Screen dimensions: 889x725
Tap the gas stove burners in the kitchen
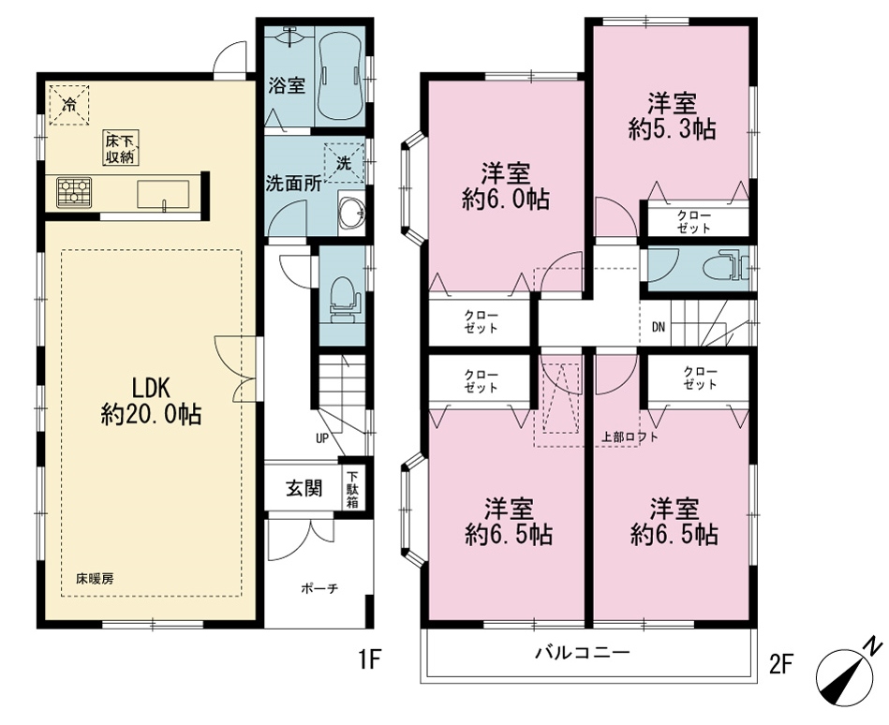point(74,191)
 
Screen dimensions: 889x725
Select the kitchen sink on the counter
point(163,195)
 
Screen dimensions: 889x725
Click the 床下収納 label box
point(121,147)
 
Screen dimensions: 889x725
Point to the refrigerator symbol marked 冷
point(69,104)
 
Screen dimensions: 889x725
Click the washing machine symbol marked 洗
point(344,164)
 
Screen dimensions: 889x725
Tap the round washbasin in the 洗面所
point(352,214)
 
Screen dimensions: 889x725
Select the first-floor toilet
point(343,299)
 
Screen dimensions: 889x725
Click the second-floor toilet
point(725,265)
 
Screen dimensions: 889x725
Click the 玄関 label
point(304,488)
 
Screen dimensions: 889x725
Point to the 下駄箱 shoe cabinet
point(352,488)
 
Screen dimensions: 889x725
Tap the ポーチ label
point(319,588)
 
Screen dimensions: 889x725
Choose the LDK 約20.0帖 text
point(152,402)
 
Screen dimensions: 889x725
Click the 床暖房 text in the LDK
point(96,579)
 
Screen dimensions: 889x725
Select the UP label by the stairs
point(322,438)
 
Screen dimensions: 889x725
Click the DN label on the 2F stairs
point(658,327)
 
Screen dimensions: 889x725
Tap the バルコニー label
point(583,653)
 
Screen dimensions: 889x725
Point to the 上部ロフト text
point(630,436)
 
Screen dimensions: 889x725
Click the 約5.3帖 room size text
point(672,130)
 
